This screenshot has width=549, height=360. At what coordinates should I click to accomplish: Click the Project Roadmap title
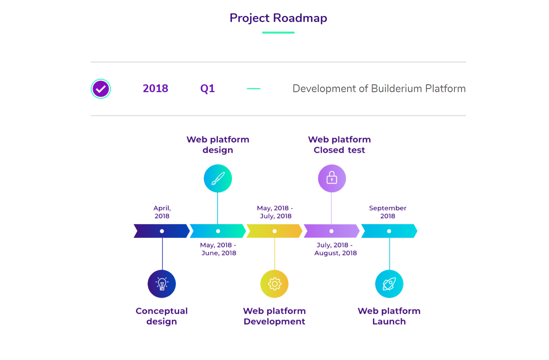pos(278,18)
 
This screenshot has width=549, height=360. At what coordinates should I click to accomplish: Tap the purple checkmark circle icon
pos(101,89)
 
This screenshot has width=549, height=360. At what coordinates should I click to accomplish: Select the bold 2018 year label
pos(155,88)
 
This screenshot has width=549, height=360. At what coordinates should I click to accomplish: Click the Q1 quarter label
pos(207,89)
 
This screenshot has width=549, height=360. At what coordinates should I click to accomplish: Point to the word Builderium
pos(396,88)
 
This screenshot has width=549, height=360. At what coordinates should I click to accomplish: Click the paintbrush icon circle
pos(218,178)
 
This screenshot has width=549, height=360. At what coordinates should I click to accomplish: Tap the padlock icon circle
pos(332,178)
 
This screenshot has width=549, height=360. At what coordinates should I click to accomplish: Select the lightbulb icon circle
pos(162,284)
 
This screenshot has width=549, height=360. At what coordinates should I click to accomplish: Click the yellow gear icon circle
pos(274,284)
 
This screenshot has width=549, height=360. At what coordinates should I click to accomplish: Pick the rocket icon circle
pos(389,284)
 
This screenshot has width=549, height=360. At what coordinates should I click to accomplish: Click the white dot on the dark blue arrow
pos(162,231)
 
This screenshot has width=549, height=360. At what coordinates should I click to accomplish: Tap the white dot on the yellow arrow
pos(274,231)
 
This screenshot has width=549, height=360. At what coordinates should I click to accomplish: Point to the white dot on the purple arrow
pos(331,231)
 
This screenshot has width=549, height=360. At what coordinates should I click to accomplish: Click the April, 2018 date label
pos(162,212)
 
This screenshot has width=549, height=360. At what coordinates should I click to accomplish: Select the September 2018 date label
pos(388,212)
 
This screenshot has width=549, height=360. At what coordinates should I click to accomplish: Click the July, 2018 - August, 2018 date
pos(336,249)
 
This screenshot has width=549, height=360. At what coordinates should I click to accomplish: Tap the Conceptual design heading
pos(162,316)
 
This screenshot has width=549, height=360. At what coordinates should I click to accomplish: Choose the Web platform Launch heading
pos(389,316)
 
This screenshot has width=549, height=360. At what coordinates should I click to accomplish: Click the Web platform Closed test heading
pos(339,145)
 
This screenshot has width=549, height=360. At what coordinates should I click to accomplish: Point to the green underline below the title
pos(278,32)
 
